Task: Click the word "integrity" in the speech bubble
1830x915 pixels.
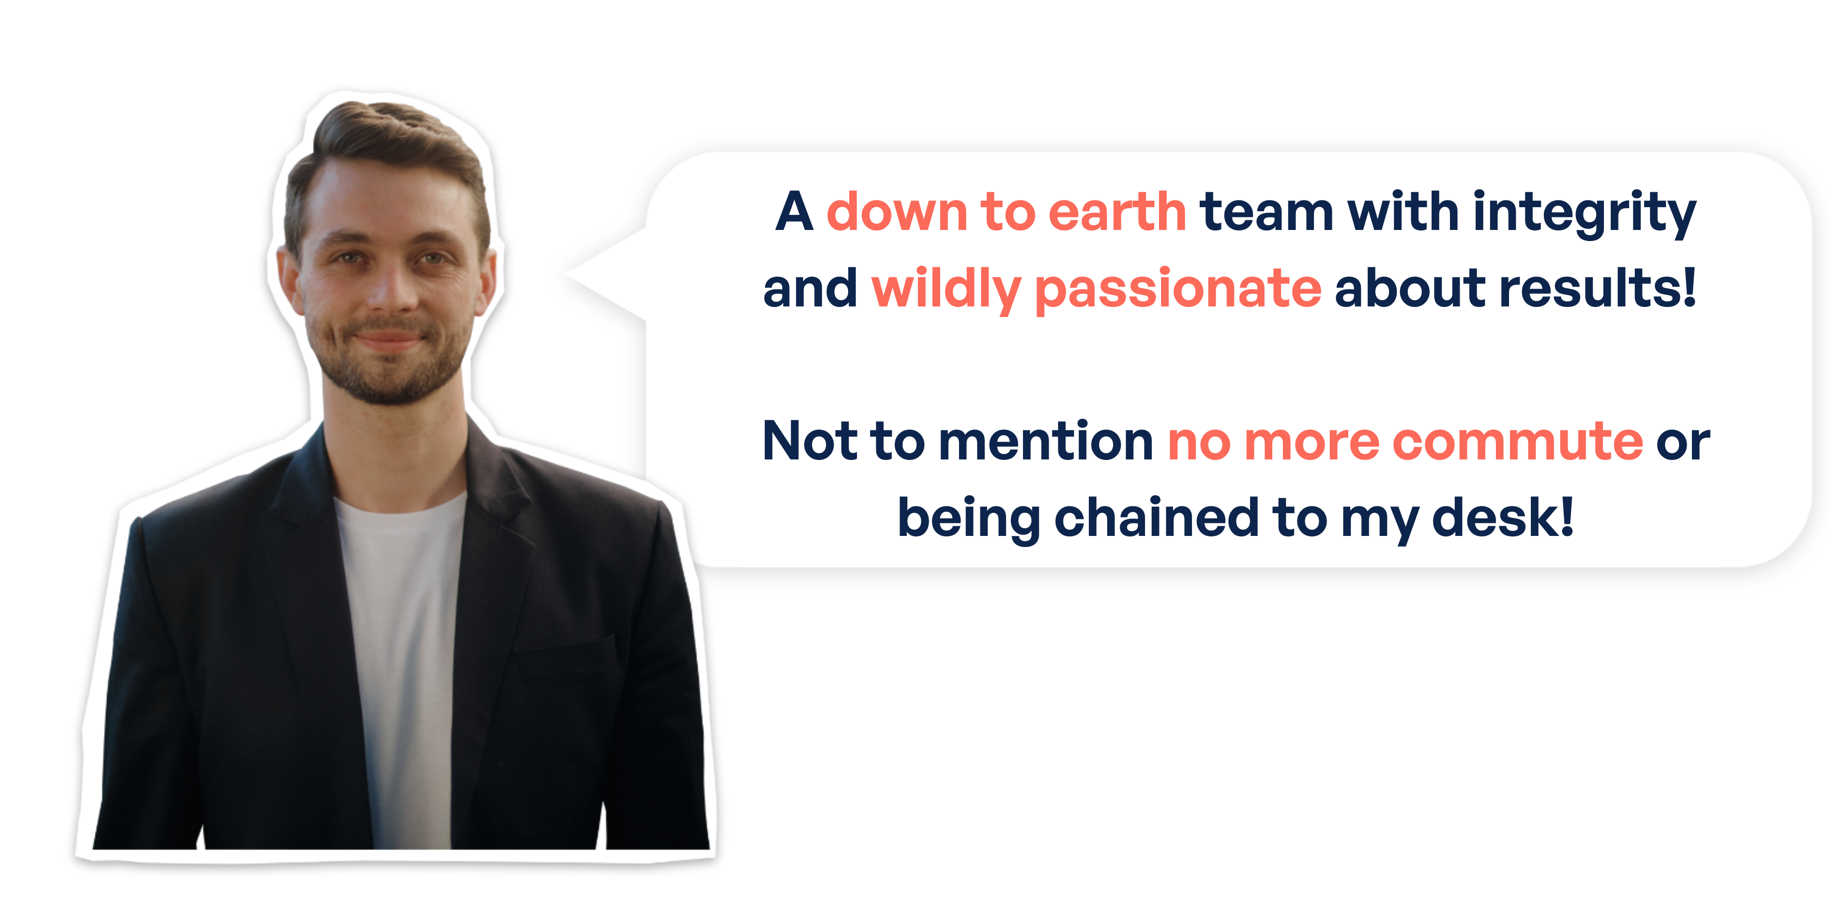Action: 1584,213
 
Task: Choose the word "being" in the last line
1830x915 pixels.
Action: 970,518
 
